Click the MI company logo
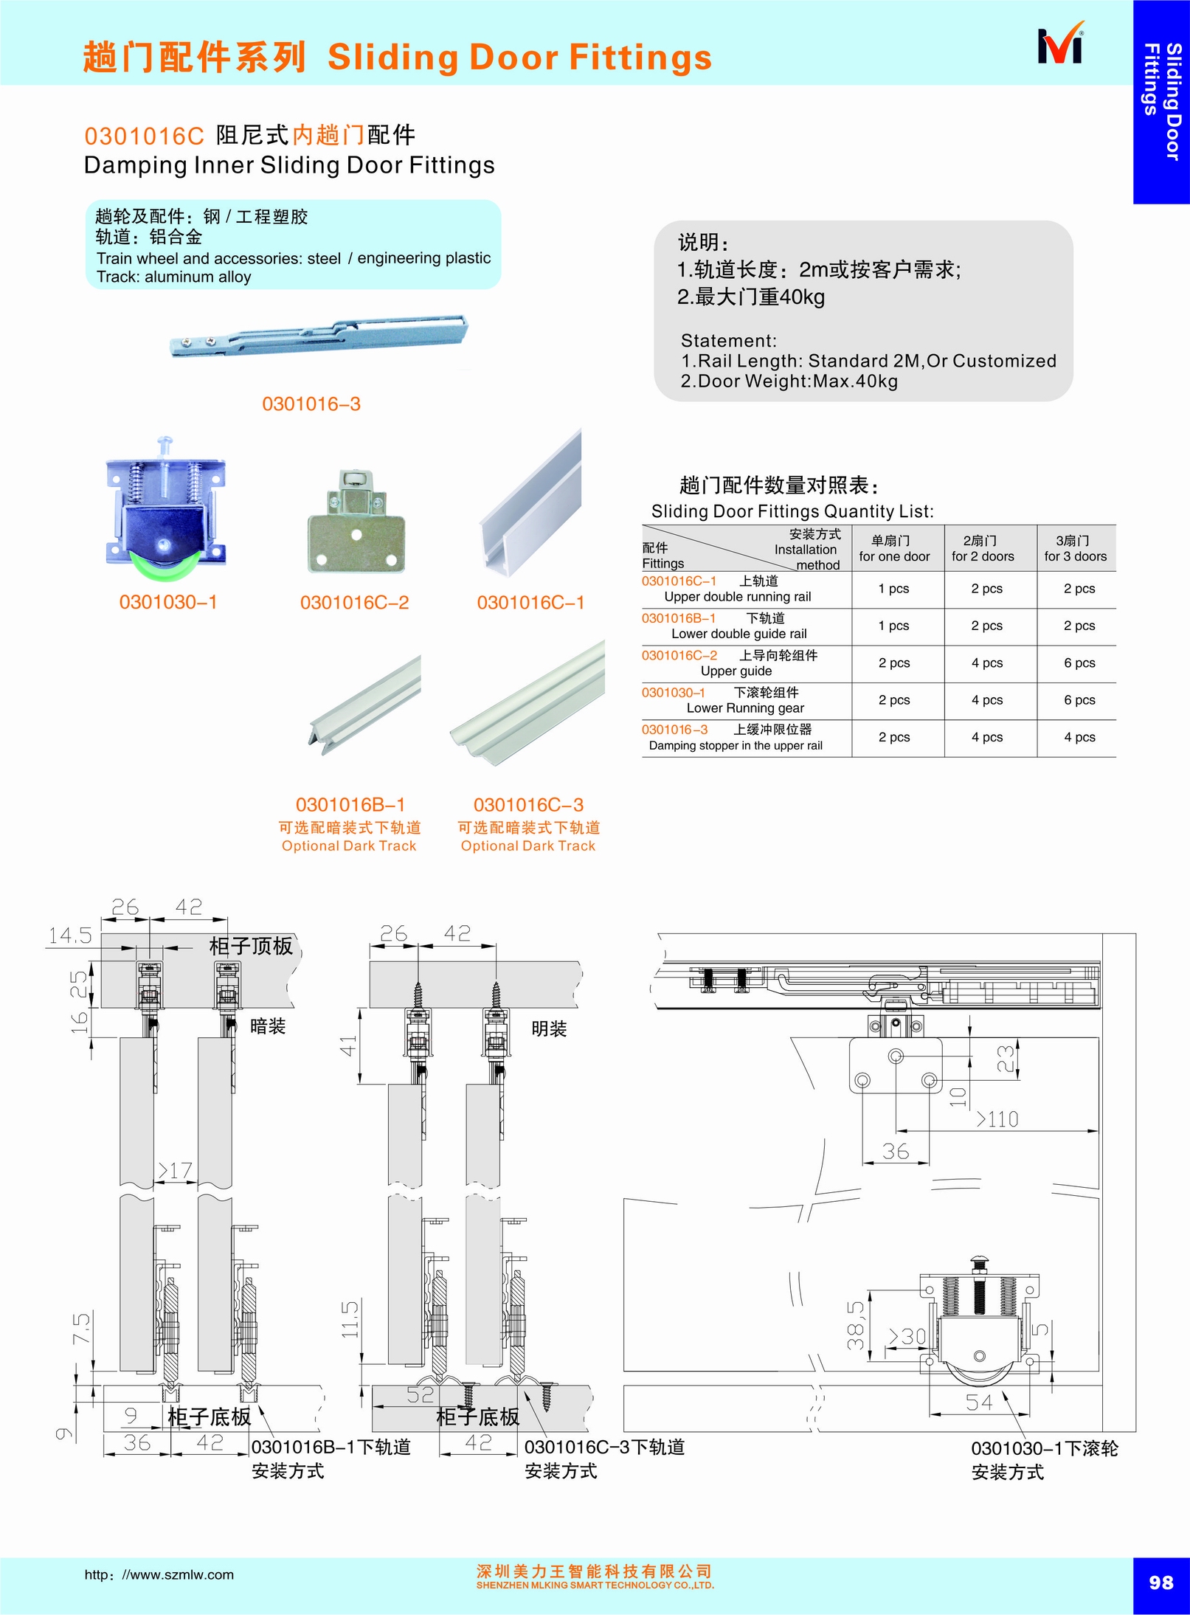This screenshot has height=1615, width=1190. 1061,45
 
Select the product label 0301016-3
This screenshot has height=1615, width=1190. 311,404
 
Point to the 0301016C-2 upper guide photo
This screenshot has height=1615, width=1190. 356,522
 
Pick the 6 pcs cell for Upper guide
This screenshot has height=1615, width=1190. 1079,663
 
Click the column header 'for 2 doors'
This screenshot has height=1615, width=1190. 983,556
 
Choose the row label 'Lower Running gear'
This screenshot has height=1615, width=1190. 745,708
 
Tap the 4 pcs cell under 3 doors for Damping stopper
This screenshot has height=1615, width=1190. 1079,737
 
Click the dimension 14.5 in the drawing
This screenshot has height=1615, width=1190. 70,936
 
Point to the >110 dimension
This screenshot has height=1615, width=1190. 997,1119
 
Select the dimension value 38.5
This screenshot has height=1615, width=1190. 856,1325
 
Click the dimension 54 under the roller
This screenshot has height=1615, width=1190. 979,1403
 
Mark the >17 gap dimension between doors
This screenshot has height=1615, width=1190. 175,1170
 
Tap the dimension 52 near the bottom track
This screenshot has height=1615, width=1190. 421,1394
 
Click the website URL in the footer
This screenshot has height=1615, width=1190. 159,1575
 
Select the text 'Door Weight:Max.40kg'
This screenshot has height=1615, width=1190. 798,381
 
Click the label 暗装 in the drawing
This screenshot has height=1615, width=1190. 268,1026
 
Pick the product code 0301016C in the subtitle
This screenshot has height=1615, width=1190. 144,136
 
